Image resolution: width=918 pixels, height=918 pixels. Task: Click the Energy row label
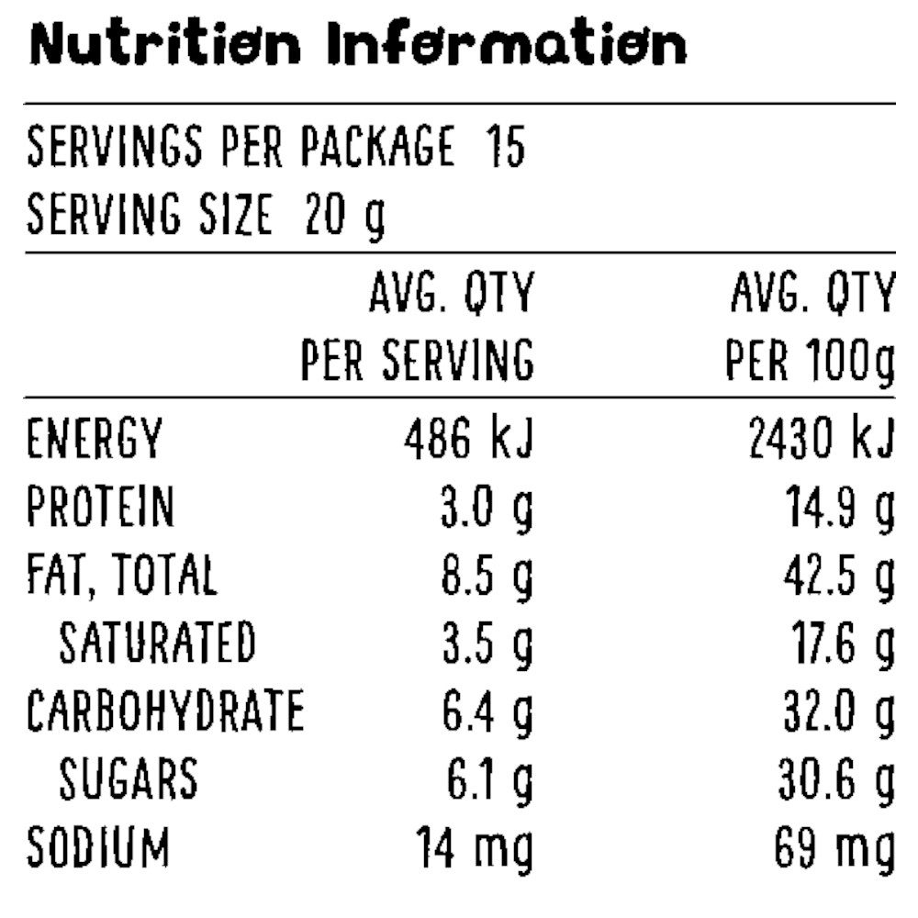[x=95, y=439]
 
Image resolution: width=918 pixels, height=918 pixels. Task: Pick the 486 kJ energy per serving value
[x=469, y=439]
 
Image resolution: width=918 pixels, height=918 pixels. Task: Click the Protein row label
[x=100, y=507]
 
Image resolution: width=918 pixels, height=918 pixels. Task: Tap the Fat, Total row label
[x=122, y=576]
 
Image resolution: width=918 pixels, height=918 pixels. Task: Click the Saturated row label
[x=157, y=643]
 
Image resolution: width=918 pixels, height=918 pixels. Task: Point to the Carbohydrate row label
[x=164, y=711]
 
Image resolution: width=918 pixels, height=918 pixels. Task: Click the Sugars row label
[x=129, y=779]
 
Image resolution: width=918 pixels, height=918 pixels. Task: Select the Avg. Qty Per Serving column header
[x=418, y=328]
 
